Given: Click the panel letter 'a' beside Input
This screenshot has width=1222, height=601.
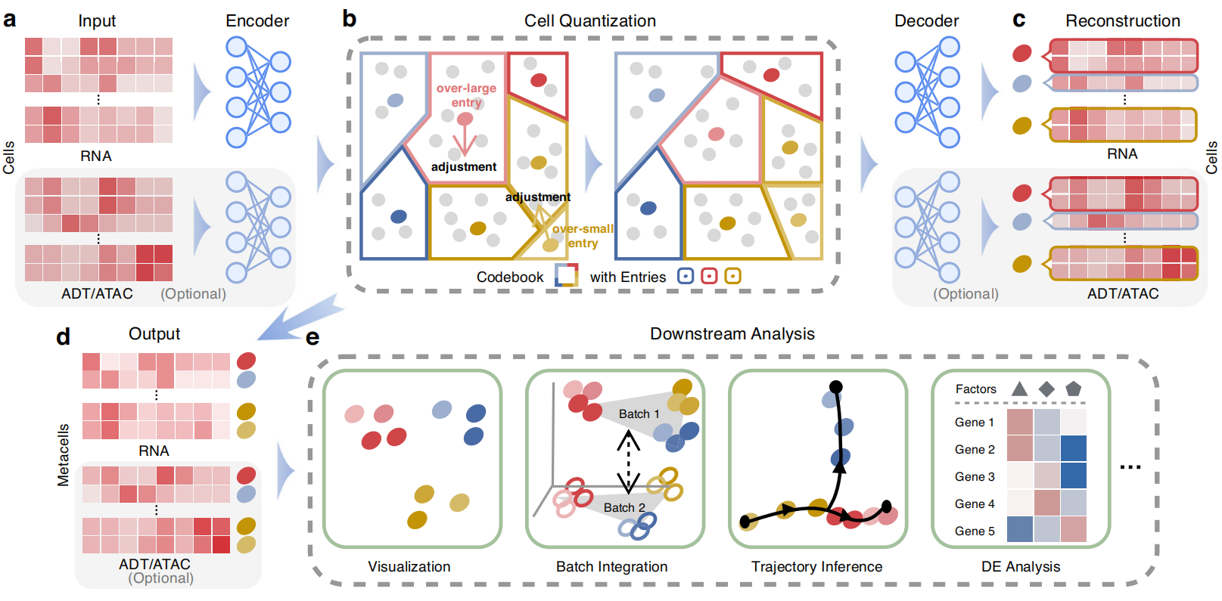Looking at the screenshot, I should [10, 20].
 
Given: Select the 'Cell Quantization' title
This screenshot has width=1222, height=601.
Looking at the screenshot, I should [590, 21].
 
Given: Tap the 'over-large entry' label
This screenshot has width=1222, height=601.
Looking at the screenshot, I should [466, 95].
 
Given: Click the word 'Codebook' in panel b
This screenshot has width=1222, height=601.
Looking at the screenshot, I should [509, 277].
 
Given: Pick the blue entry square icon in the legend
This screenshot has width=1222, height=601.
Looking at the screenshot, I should [686, 276].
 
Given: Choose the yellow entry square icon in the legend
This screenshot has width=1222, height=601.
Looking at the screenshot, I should [732, 276].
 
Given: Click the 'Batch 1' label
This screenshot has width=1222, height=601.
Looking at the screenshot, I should [639, 414].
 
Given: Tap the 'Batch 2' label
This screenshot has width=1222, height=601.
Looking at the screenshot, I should [624, 508].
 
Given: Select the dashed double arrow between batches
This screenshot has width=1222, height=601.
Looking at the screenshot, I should [628, 461].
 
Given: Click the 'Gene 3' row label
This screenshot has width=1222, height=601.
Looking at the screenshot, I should [975, 477].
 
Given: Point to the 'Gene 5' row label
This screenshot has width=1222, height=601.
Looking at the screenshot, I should [975, 531].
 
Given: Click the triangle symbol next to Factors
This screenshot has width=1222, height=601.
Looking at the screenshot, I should [1019, 389].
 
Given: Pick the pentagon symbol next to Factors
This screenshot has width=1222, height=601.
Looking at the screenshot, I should [1073, 389].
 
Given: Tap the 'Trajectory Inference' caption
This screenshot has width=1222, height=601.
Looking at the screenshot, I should [816, 567].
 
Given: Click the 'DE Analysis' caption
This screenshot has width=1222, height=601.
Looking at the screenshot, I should [1021, 567].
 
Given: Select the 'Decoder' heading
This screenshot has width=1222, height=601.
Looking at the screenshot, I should [926, 21].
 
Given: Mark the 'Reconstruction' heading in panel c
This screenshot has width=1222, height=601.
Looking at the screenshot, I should [1123, 21].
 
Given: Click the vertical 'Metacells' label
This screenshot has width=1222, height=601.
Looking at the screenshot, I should [64, 454].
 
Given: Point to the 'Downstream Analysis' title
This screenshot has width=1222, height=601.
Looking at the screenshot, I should [732, 334].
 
